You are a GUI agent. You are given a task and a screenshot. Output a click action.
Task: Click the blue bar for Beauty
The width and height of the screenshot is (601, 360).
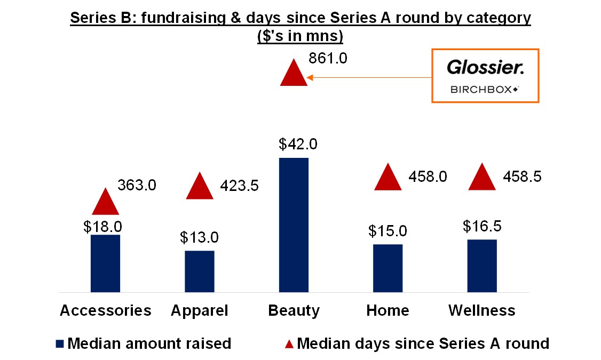294,225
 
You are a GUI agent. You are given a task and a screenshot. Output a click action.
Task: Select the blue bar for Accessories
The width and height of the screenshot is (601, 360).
105,263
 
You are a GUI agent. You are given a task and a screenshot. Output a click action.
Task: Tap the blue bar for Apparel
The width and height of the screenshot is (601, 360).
200,271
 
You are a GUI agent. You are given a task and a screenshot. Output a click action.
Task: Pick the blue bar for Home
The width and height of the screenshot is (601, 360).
388,268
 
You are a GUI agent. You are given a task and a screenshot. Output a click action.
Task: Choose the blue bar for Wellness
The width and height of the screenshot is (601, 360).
482,266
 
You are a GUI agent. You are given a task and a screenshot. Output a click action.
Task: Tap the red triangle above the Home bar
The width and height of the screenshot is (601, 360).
388,179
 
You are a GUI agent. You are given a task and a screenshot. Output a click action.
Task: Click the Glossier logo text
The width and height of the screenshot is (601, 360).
485,68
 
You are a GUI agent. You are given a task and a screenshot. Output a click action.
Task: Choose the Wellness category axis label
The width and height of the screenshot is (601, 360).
481,310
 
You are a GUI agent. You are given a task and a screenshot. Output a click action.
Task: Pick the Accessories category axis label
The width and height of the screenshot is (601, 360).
106,310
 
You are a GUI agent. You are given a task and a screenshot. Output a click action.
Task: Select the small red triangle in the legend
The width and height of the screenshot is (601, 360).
289,343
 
